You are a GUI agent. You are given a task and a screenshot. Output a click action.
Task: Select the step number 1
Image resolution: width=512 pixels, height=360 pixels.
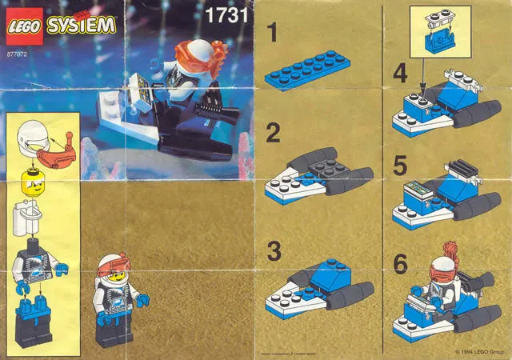tap(273, 34)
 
